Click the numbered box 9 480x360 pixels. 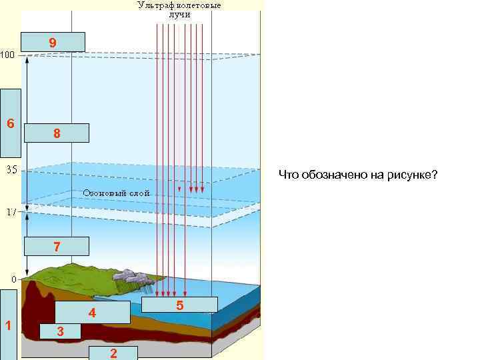click(x=53, y=42)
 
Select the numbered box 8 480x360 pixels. click(x=56, y=133)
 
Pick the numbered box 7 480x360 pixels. click(x=56, y=247)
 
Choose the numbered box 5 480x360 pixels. click(x=180, y=305)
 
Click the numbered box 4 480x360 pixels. click(x=92, y=312)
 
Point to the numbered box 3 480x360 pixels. click(x=60, y=331)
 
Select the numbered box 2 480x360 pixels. click(x=113, y=353)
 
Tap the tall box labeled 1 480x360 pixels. click(x=8, y=325)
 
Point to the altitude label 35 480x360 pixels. click(x=11, y=169)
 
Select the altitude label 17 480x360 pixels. click(x=11, y=212)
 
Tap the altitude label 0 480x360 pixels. click(x=13, y=277)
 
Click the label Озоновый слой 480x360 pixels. click(x=116, y=193)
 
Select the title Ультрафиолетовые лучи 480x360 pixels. click(x=179, y=9)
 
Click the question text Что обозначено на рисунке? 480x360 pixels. click(x=358, y=175)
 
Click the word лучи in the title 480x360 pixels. click(x=179, y=14)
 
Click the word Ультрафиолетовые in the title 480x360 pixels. click(x=179, y=5)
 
